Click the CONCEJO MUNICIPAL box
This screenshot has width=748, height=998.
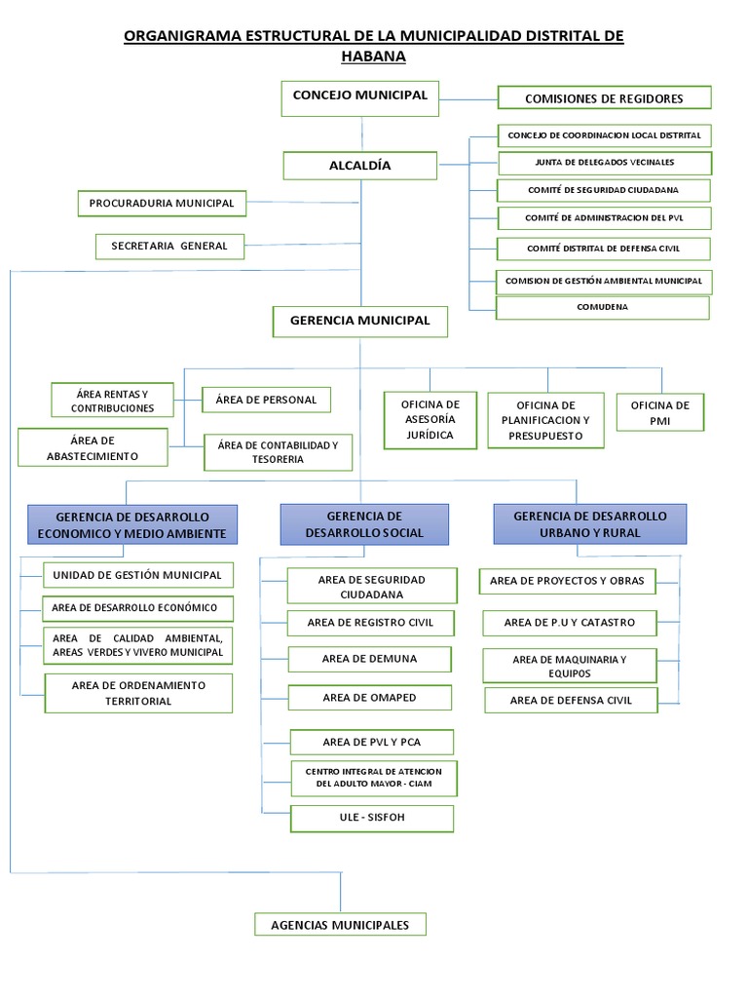point(360,98)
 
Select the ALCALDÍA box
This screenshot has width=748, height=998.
point(360,166)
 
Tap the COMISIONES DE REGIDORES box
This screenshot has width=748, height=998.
point(604,98)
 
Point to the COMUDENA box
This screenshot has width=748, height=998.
point(602,308)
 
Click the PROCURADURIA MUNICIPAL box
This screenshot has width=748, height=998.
point(162,204)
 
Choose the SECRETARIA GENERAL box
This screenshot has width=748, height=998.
point(169,247)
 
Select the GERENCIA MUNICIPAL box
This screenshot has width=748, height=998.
point(360,322)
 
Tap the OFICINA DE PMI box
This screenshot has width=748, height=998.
point(660,412)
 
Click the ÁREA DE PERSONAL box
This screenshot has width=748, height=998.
point(267,400)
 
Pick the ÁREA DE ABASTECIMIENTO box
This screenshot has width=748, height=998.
point(93,447)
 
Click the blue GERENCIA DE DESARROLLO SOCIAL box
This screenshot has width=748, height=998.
point(364,524)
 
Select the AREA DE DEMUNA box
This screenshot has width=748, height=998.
point(369,660)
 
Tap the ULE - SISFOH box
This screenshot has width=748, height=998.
point(372,819)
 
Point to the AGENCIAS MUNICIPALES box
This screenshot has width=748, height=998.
point(340,925)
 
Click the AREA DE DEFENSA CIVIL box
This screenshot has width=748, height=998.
point(571,700)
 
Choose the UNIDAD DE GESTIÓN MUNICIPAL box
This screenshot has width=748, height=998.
point(138,575)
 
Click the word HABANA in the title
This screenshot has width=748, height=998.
point(373,57)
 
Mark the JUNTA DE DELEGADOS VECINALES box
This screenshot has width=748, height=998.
point(605,163)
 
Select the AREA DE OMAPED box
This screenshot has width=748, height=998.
point(369,698)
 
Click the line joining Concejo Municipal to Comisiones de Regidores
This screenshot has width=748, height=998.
point(468,100)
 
